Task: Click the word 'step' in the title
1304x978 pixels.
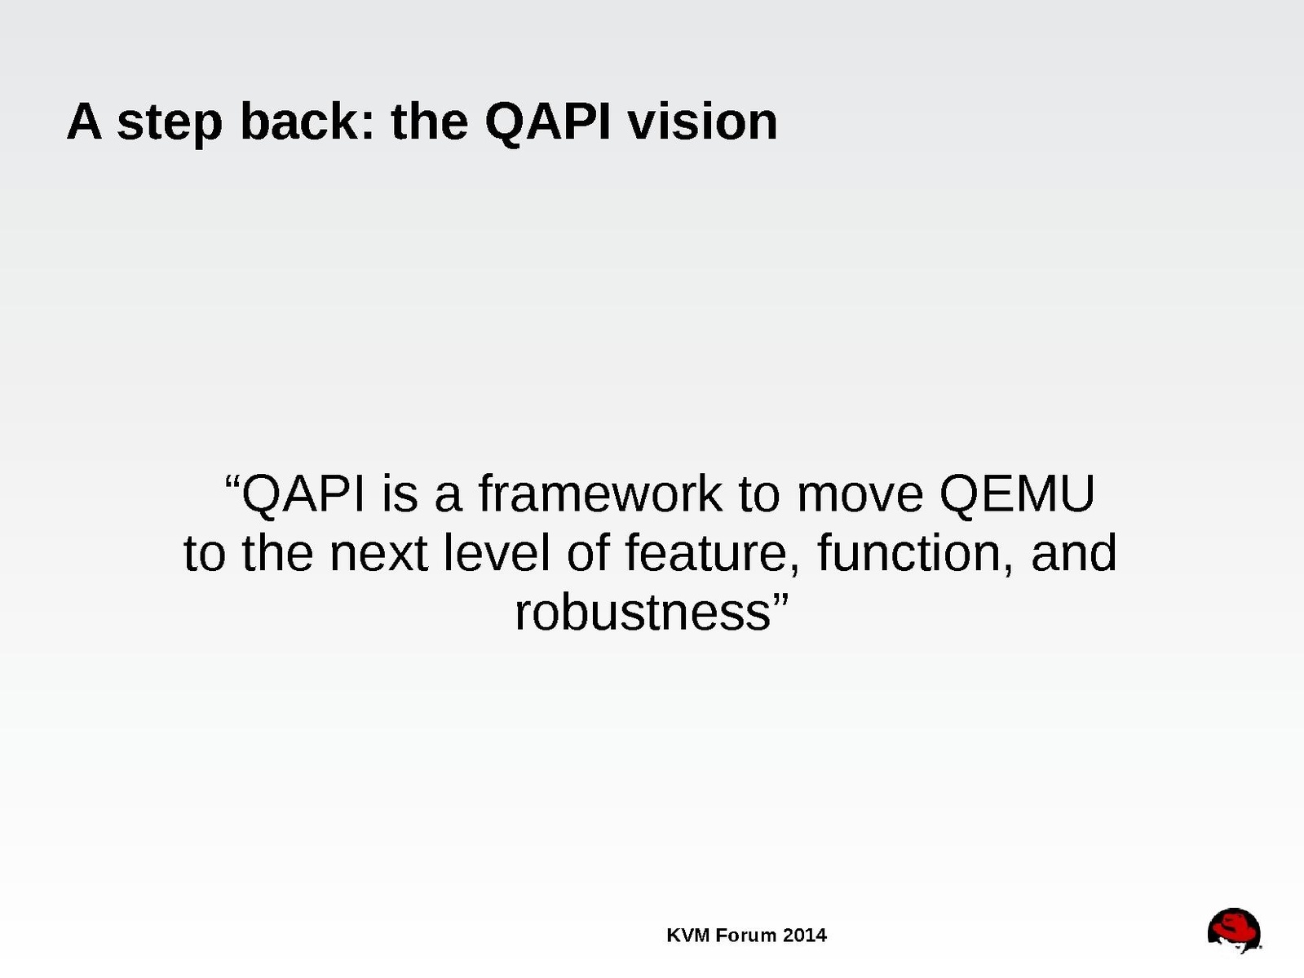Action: click(170, 124)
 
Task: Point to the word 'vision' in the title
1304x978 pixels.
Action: click(704, 122)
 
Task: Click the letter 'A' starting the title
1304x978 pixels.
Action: click(84, 122)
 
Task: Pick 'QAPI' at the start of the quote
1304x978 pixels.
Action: click(303, 494)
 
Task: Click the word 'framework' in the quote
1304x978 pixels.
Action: click(600, 493)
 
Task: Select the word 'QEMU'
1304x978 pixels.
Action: click(1017, 494)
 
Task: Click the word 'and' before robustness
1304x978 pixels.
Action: click(1074, 551)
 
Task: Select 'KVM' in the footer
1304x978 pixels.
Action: click(688, 936)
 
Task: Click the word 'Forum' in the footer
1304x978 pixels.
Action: click(746, 936)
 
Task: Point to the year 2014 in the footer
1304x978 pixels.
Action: click(805, 936)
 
